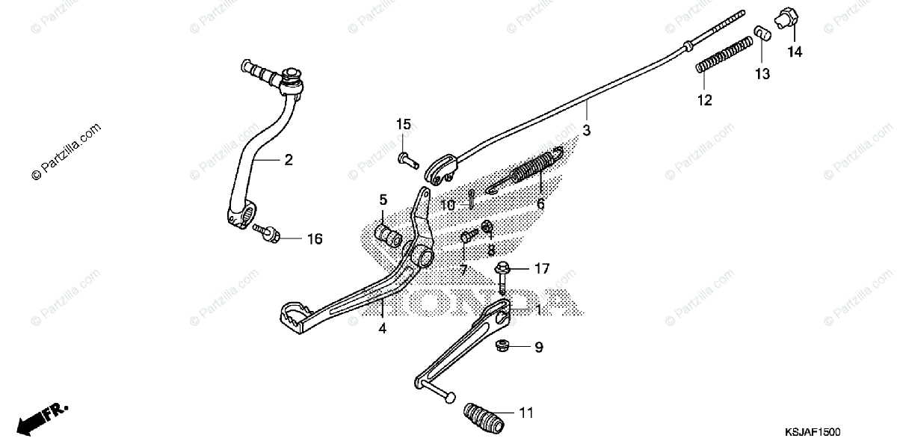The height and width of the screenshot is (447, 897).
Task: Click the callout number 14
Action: click(793, 52)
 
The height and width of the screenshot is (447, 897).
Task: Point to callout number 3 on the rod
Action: click(587, 129)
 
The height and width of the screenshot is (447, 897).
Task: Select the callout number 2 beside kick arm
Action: click(288, 159)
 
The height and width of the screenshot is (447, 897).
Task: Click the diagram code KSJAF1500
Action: click(813, 433)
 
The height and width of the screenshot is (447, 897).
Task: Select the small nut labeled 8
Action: click(487, 226)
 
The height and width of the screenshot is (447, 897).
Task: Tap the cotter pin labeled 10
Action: click(472, 197)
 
